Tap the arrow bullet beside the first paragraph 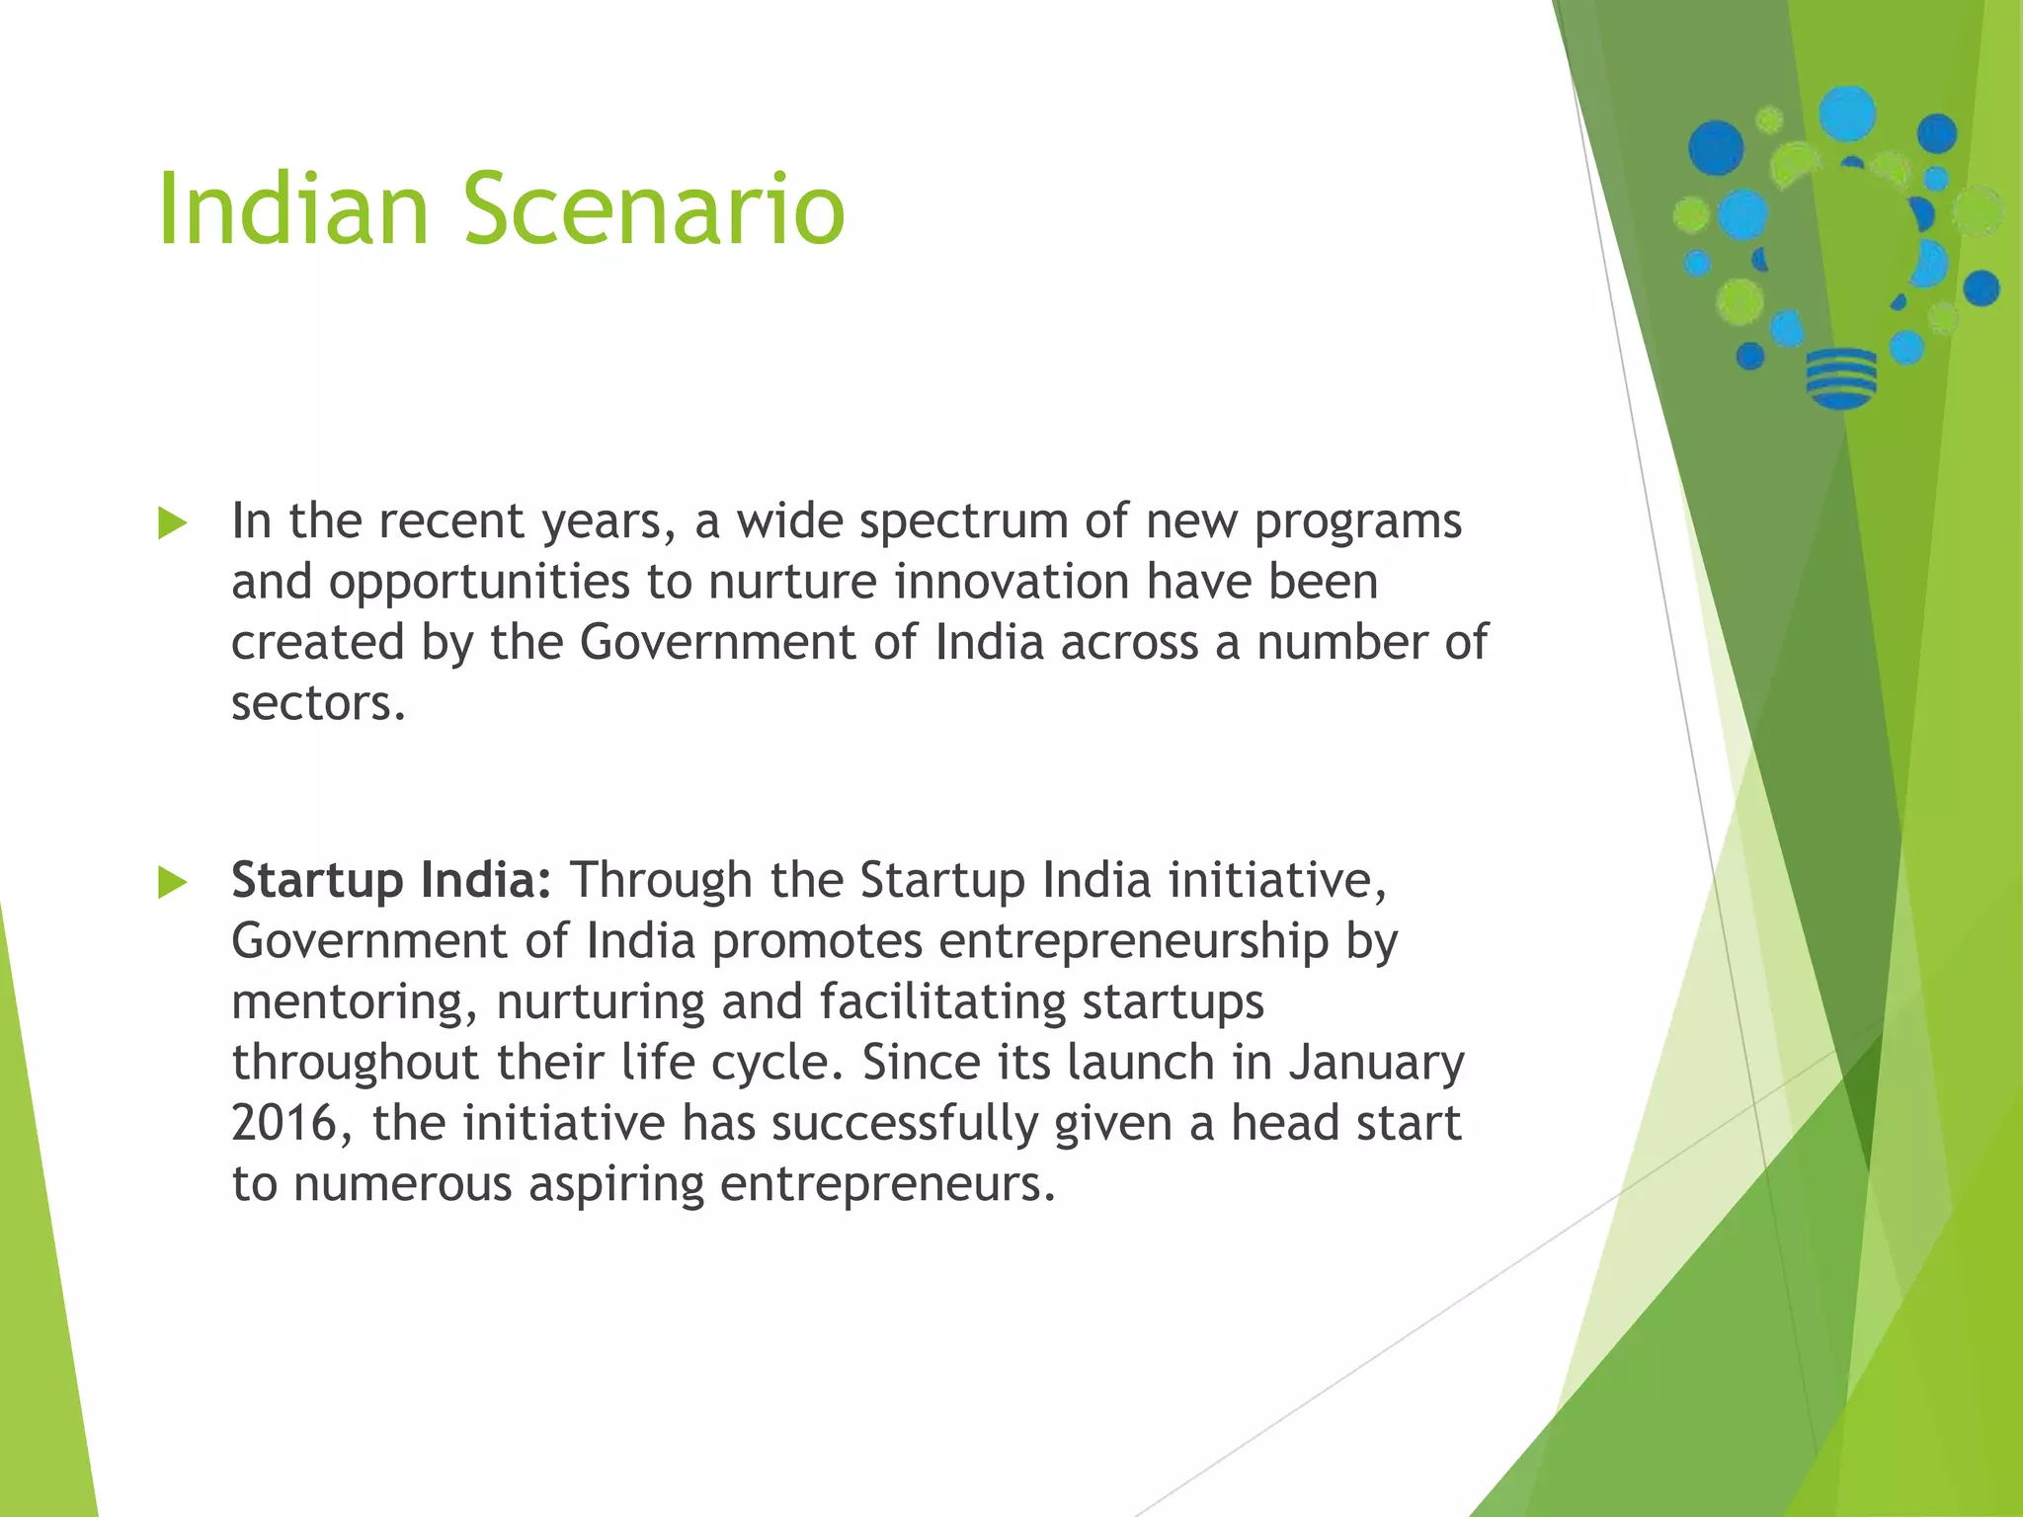[172, 523]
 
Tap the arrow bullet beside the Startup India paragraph [172, 882]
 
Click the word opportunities [479, 583]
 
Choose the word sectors [318, 703]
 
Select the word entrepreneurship [1133, 942]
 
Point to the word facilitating [942, 1002]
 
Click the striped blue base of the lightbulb [1840, 377]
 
